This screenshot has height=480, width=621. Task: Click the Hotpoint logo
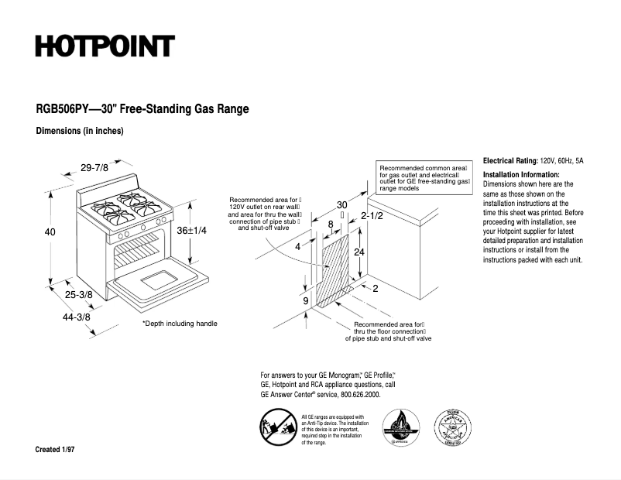tap(105, 46)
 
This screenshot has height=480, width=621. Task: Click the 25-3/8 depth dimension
tap(79, 294)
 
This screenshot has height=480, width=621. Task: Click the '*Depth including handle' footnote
tap(180, 323)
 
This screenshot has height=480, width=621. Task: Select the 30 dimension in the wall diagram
tap(341, 205)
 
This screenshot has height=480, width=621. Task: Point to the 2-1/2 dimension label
tap(372, 217)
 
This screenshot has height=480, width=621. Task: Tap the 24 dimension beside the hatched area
tap(359, 252)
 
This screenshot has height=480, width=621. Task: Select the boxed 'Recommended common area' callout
tap(424, 177)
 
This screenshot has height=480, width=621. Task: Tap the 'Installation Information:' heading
tap(520, 175)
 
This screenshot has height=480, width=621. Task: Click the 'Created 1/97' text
tap(54, 450)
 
